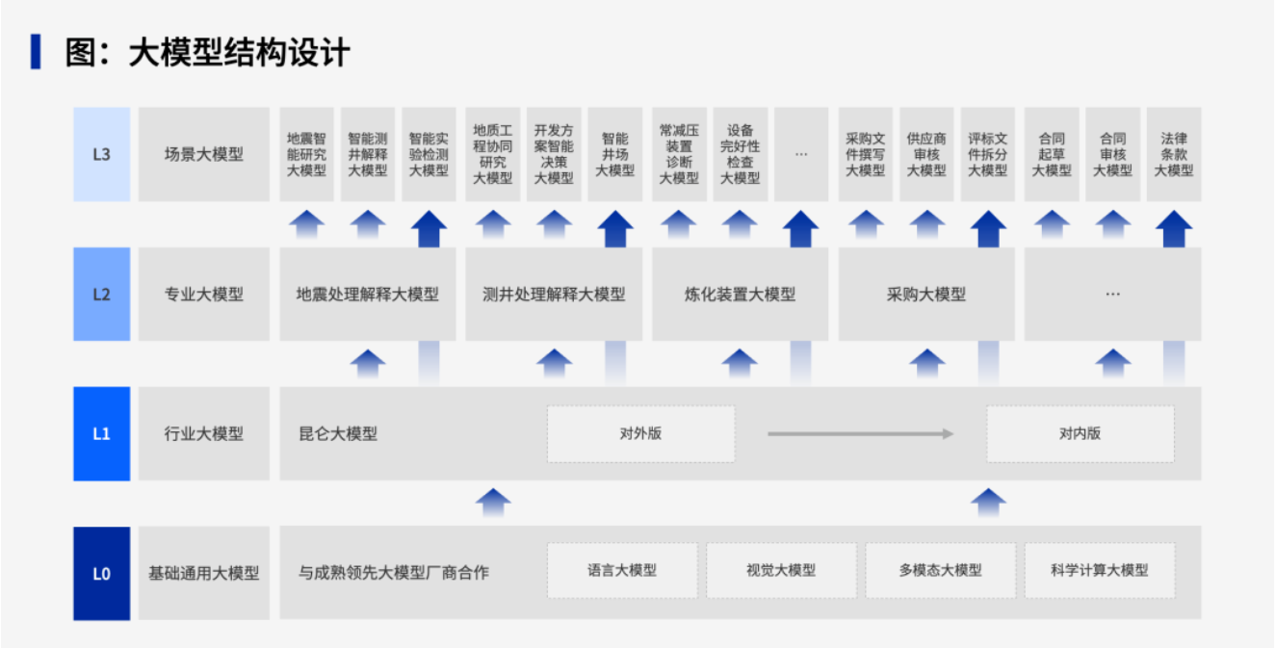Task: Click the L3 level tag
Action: coord(101,154)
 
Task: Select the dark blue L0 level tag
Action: coord(101,573)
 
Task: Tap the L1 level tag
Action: coord(101,433)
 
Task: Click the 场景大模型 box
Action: coord(203,154)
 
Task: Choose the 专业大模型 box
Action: coord(203,294)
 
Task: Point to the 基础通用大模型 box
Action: coord(203,573)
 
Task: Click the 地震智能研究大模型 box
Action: coord(306,154)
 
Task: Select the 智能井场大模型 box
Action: coord(614,154)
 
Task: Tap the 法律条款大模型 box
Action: coord(1173,154)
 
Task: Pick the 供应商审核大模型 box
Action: coord(925,154)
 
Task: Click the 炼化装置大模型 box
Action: coord(740,294)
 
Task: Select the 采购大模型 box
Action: coord(925,294)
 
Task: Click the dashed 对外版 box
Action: coord(640,433)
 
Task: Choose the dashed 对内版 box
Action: coord(1080,433)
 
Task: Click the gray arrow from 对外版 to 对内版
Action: coord(860,433)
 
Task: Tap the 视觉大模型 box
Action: coord(781,570)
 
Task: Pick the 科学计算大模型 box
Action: coord(1099,570)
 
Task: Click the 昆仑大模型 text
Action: coord(338,433)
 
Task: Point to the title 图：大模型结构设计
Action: coord(207,52)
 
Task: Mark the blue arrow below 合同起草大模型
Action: coord(1052,224)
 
